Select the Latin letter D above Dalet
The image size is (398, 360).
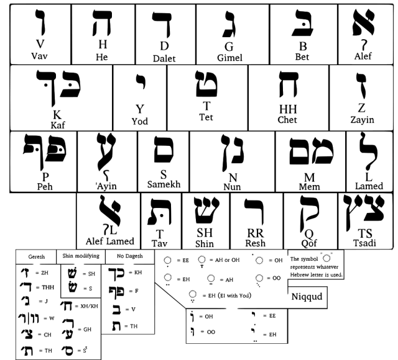164,46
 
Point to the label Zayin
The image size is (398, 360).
362,120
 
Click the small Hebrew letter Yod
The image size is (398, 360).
141,81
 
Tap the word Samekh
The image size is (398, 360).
164,184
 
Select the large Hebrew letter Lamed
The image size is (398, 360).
368,154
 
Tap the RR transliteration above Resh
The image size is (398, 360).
255,234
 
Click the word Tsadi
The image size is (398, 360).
366,243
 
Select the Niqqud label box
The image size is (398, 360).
307,296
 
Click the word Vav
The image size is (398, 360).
40,56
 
